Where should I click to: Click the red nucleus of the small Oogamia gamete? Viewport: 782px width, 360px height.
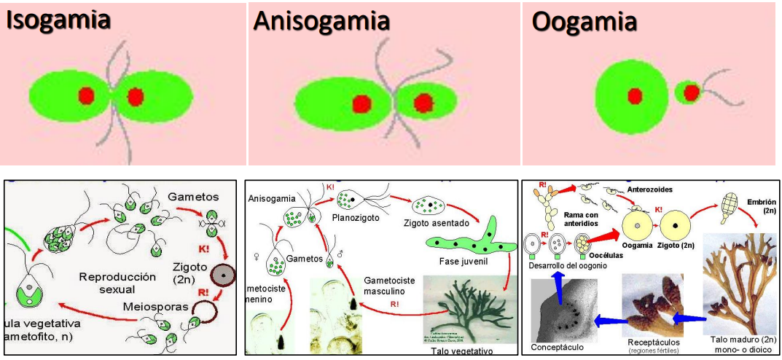pyautogui.click(x=691, y=92)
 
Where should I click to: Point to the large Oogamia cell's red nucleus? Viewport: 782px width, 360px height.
pyautogui.click(x=635, y=96)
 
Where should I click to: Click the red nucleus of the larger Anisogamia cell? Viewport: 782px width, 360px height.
pyautogui.click(x=361, y=104)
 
